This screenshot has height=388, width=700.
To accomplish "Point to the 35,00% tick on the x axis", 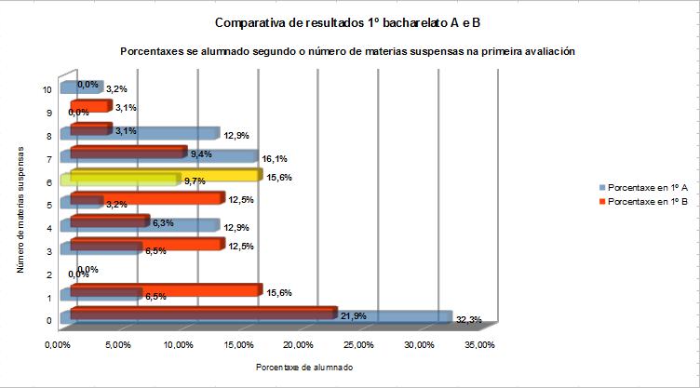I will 479,345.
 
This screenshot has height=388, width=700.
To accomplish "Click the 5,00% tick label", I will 117,345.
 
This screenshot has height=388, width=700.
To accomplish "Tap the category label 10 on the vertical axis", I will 47,89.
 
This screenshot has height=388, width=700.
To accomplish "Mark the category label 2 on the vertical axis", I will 47,275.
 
